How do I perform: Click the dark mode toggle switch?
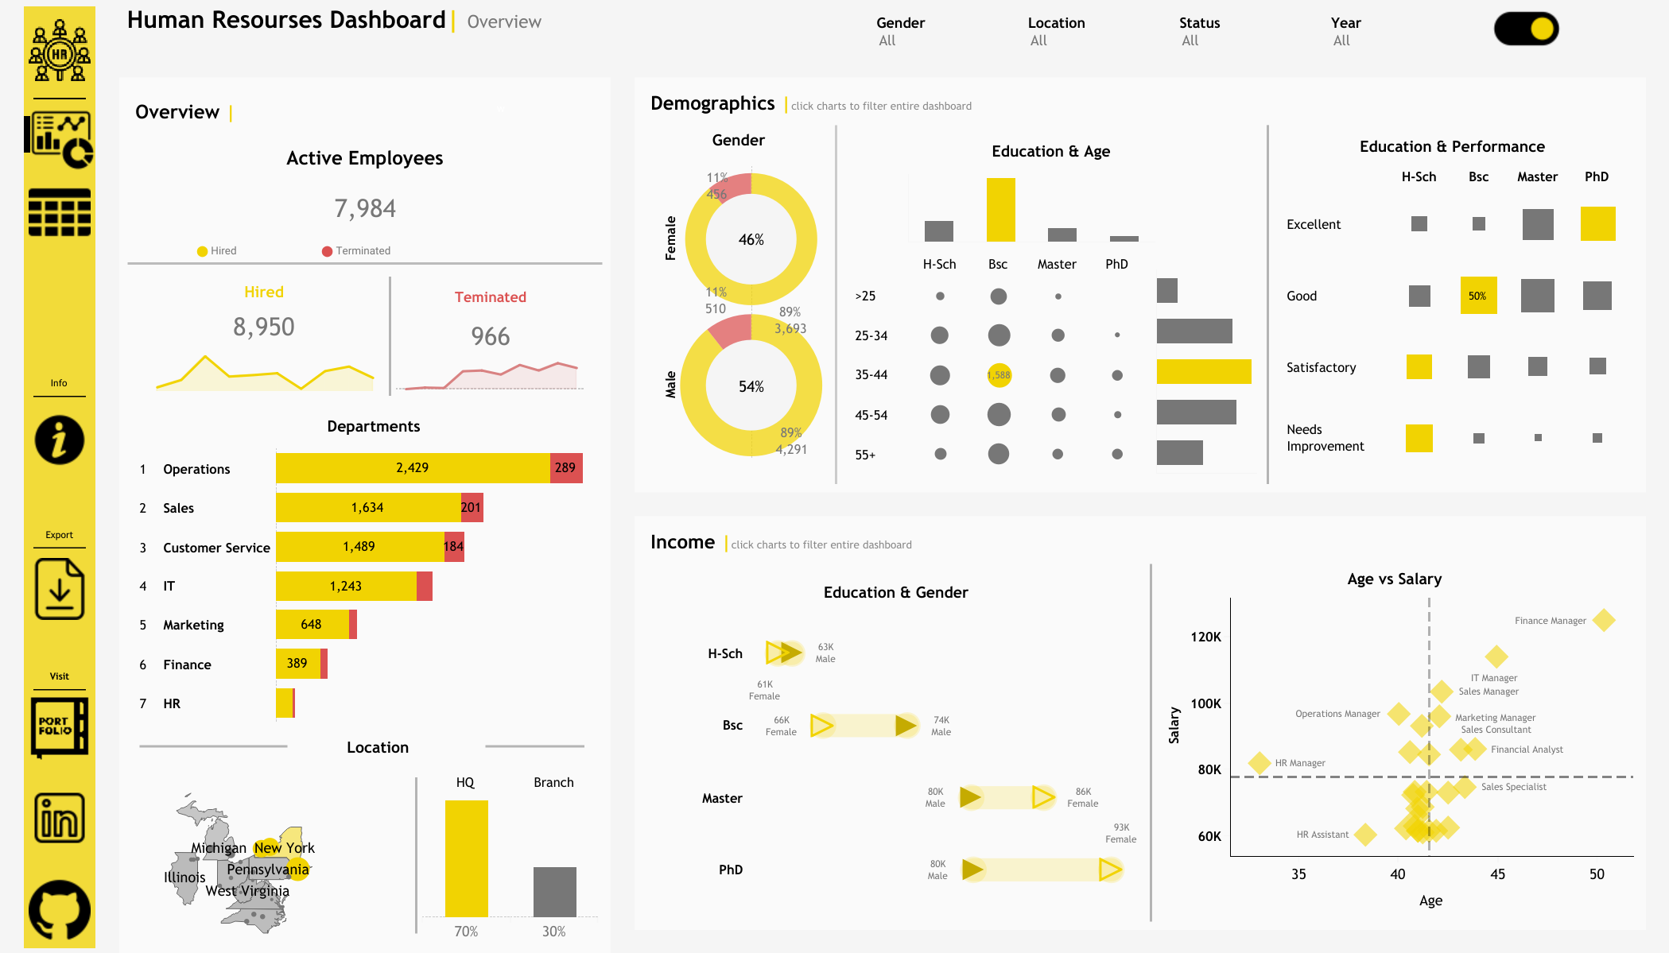pyautogui.click(x=1526, y=29)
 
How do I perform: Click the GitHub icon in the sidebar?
pyautogui.click(x=60, y=910)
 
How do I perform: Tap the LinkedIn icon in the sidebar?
pyautogui.click(x=60, y=818)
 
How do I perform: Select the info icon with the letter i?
pyautogui.click(x=60, y=440)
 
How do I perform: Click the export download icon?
pyautogui.click(x=60, y=589)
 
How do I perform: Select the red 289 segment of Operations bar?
pyautogui.click(x=566, y=468)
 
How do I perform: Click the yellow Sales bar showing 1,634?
pyautogui.click(x=368, y=508)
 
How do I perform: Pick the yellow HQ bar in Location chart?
pyautogui.click(x=467, y=858)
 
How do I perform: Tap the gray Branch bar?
pyautogui.click(x=554, y=892)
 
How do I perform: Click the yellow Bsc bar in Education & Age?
pyautogui.click(x=1000, y=210)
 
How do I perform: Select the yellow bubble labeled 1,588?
pyautogui.click(x=999, y=375)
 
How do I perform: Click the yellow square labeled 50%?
pyautogui.click(x=1478, y=296)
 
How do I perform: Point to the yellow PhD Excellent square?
pyautogui.click(x=1597, y=224)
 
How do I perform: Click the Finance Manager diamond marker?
pyautogui.click(x=1604, y=620)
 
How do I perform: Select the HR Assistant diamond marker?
pyautogui.click(x=1365, y=835)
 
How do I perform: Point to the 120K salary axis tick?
pyautogui.click(x=1205, y=637)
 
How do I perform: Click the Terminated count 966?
pyautogui.click(x=490, y=336)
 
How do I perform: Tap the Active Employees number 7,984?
pyautogui.click(x=365, y=208)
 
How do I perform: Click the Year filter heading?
pyautogui.click(x=1345, y=23)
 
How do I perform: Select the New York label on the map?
pyautogui.click(x=285, y=848)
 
